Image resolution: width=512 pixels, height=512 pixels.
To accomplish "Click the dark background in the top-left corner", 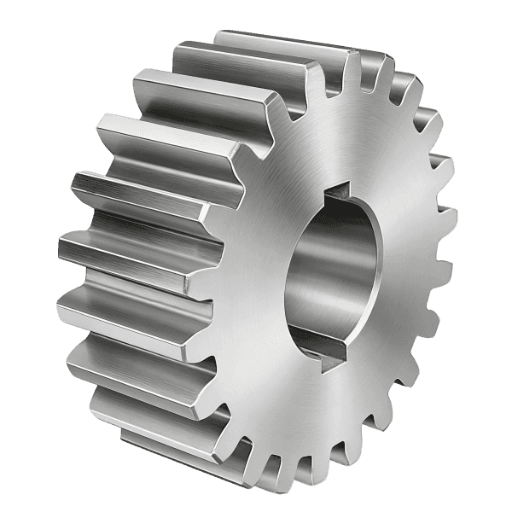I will [26, 26].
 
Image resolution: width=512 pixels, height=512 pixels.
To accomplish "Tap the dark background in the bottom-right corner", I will [486, 486].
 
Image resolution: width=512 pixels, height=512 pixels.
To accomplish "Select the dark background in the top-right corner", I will [486, 26].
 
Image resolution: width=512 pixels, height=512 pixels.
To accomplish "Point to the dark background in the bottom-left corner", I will [26, 486].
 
